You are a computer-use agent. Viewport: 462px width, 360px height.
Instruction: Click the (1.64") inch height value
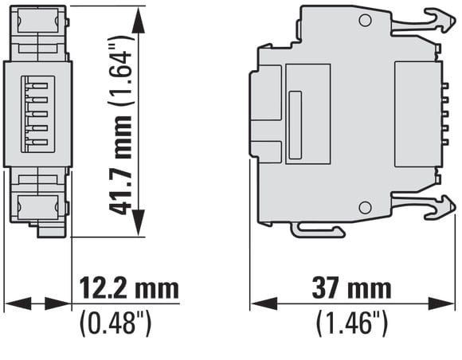(120, 70)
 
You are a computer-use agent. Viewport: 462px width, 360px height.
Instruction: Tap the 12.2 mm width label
(129, 288)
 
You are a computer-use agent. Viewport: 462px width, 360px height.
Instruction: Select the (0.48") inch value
(115, 323)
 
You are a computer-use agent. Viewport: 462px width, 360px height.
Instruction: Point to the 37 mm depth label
(352, 288)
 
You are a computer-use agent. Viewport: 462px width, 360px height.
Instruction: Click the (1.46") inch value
(352, 323)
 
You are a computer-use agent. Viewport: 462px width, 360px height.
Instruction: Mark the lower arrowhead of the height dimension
(138, 223)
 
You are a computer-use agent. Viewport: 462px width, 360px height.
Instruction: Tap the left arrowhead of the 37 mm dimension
(264, 303)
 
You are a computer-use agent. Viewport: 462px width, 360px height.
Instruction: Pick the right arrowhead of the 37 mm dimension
(441, 303)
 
